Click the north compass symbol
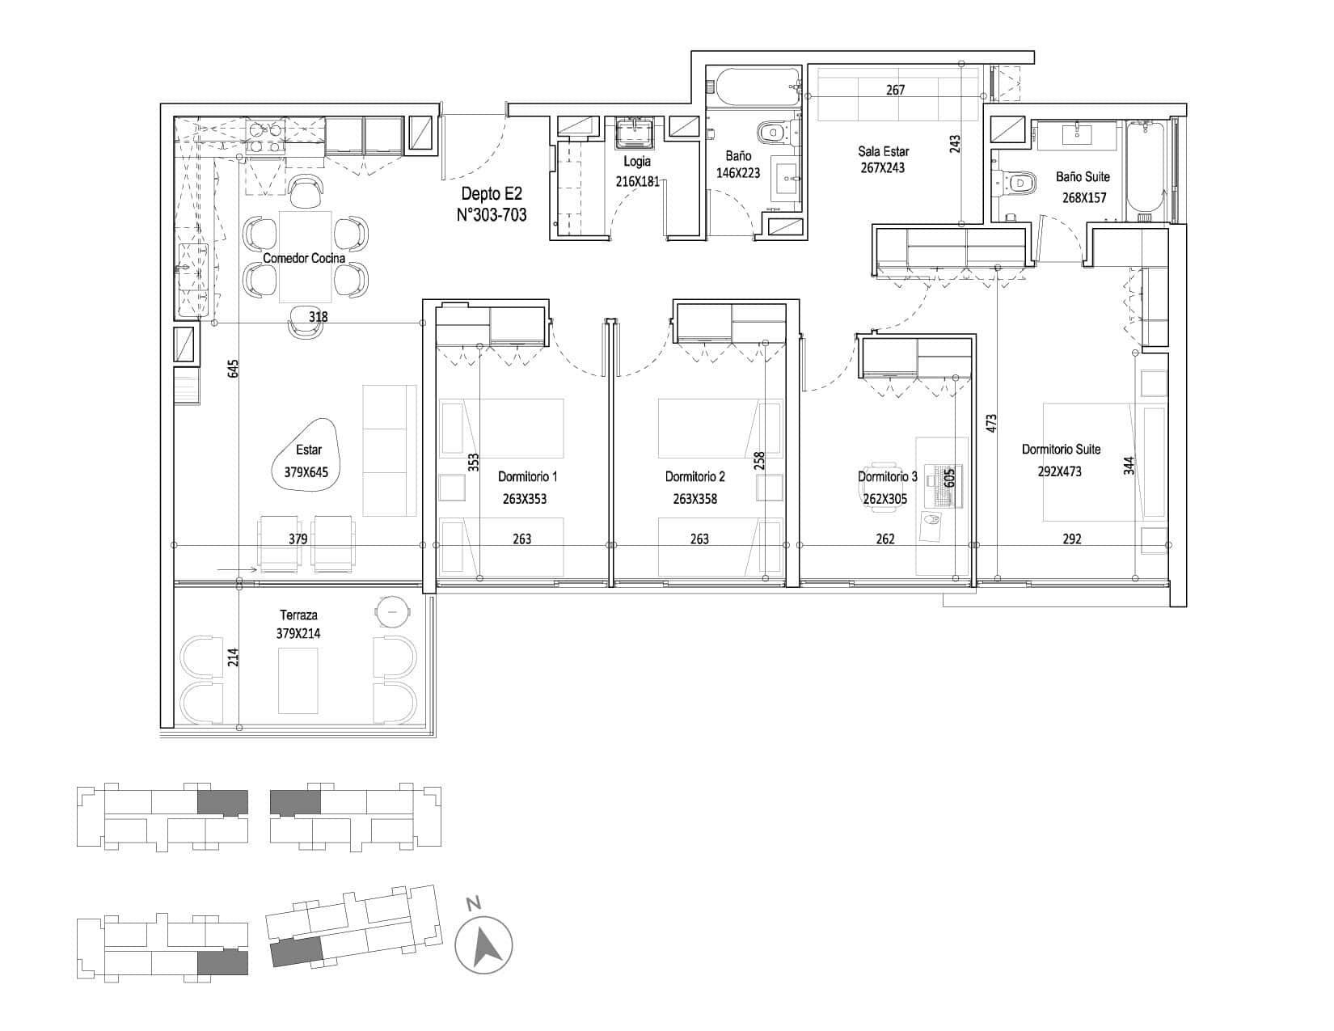pos(483,945)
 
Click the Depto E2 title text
pos(492,193)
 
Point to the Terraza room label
pos(298,615)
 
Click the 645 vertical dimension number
pos(233,369)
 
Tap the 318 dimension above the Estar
pos(318,317)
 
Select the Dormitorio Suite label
pos(1061,449)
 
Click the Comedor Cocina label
pos(304,259)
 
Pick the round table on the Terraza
pos(392,611)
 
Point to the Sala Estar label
pos(884,151)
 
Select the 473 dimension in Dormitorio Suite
pos(991,424)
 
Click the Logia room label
pos(636,162)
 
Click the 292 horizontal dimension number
pos(1072,539)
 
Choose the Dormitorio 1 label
pos(527,476)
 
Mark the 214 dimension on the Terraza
pos(233,657)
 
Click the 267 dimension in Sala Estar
pos(896,91)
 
